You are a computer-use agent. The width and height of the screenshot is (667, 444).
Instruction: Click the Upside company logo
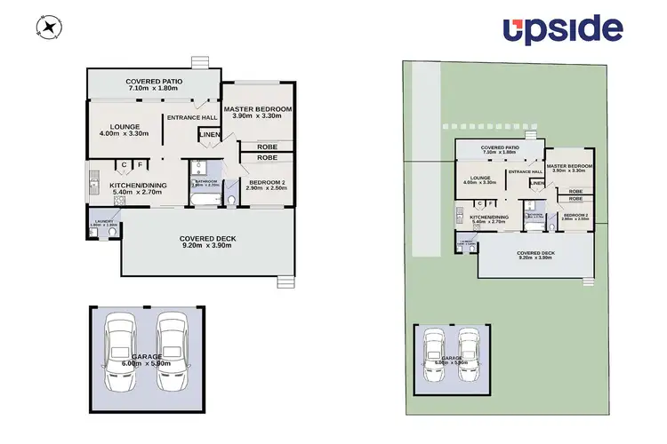point(562,30)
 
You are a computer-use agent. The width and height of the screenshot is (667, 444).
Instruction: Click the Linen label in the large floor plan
point(209,135)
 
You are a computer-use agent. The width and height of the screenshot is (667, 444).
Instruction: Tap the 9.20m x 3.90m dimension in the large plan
point(207,246)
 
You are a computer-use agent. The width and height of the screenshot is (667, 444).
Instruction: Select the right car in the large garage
point(175,353)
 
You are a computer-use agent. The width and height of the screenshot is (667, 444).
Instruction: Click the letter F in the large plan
point(140,164)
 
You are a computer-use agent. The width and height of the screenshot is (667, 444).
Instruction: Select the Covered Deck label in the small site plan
point(535,252)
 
